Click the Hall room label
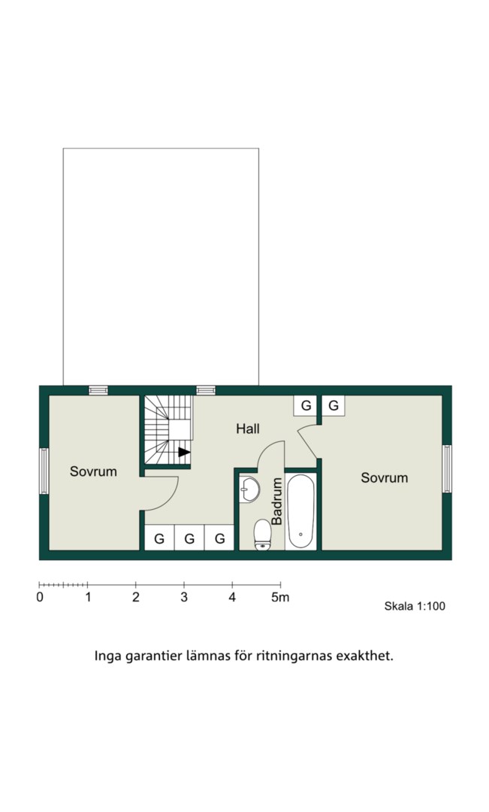point(248,429)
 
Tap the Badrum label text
point(277,501)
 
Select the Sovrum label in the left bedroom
point(93,471)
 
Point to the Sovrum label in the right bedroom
point(384,477)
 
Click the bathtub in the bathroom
point(300,511)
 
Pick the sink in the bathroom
point(249,489)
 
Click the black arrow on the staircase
point(184,452)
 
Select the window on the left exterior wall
point(44,471)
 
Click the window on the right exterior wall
point(447,468)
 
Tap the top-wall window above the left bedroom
point(98,390)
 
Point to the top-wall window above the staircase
point(206,390)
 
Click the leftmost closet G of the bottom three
point(159,538)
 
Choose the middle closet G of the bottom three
point(189,538)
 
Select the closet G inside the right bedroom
point(334,405)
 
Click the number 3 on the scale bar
point(184,597)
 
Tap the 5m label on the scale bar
point(280,597)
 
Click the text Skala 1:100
point(415,606)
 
